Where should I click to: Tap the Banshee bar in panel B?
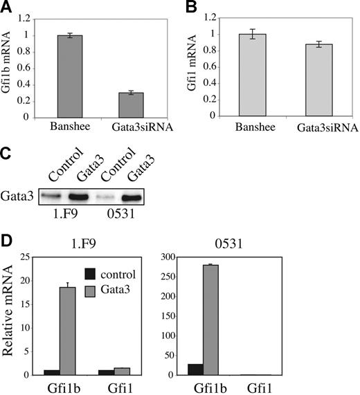click(x=246, y=75)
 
